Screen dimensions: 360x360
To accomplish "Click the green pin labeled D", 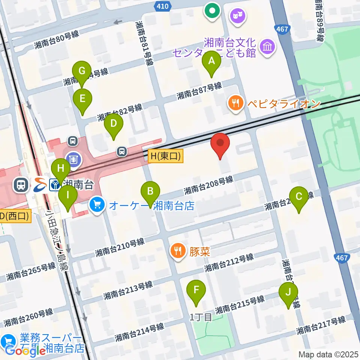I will (114, 125).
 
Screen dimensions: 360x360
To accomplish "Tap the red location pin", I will (221, 145).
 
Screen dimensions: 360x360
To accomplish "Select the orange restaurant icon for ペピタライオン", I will (236, 103).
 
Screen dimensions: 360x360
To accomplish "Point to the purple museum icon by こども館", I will (268, 47).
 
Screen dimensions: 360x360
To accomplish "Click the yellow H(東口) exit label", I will (165, 157).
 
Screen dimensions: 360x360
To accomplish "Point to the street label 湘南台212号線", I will (229, 263).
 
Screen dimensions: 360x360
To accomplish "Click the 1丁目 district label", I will (201, 317).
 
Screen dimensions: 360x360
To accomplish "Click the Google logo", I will (25, 351).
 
